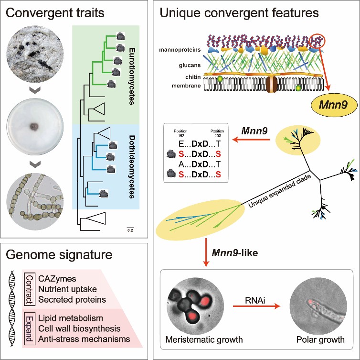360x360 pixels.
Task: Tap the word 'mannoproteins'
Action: click(183, 50)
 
